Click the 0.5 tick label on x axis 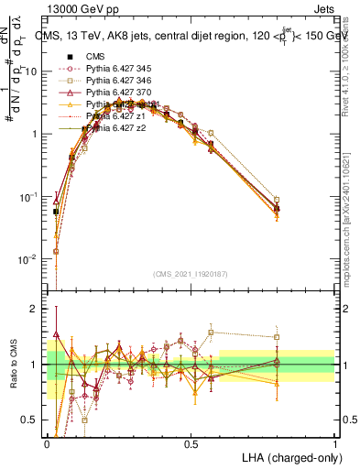[191, 442]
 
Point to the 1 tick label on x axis [334, 442]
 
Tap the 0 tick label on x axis [47, 442]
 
